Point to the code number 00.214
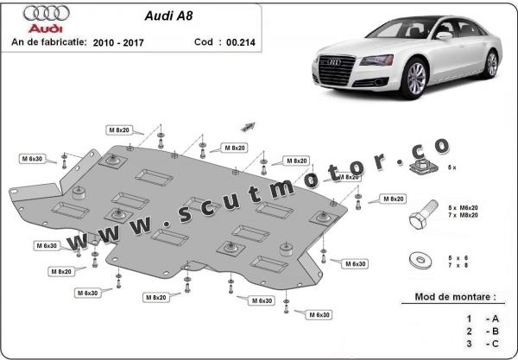[x=232, y=41]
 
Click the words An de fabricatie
[x=47, y=41]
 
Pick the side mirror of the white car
[x=444, y=36]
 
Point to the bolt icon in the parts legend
[x=423, y=213]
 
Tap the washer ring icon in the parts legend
[x=422, y=260]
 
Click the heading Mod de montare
[x=448, y=297]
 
